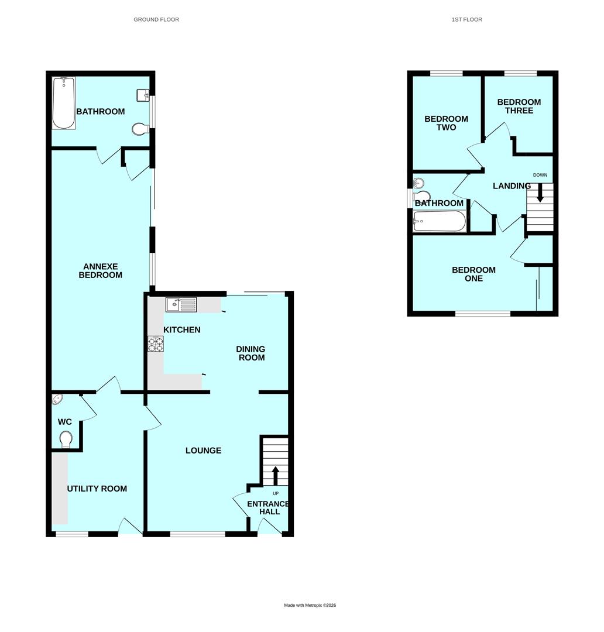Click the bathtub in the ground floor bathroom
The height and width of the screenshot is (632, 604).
64,103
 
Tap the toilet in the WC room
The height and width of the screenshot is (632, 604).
66,439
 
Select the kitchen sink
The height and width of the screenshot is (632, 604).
182,304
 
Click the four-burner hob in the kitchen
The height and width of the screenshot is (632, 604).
156,344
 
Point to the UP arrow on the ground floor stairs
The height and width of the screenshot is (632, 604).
276,475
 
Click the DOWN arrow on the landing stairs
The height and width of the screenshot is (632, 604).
540,194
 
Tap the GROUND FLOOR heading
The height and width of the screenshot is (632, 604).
156,19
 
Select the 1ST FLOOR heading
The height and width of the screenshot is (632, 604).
466,19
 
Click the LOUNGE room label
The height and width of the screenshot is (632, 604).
203,451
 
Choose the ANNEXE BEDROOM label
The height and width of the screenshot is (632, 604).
101,270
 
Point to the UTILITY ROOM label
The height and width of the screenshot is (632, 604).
97,489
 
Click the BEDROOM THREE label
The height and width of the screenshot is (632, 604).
519,106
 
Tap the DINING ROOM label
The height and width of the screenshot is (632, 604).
250,353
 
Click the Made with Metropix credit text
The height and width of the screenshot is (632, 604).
310,605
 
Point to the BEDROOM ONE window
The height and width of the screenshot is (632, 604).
483,314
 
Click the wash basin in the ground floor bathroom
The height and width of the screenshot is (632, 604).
143,95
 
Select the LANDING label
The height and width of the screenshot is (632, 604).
512,186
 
